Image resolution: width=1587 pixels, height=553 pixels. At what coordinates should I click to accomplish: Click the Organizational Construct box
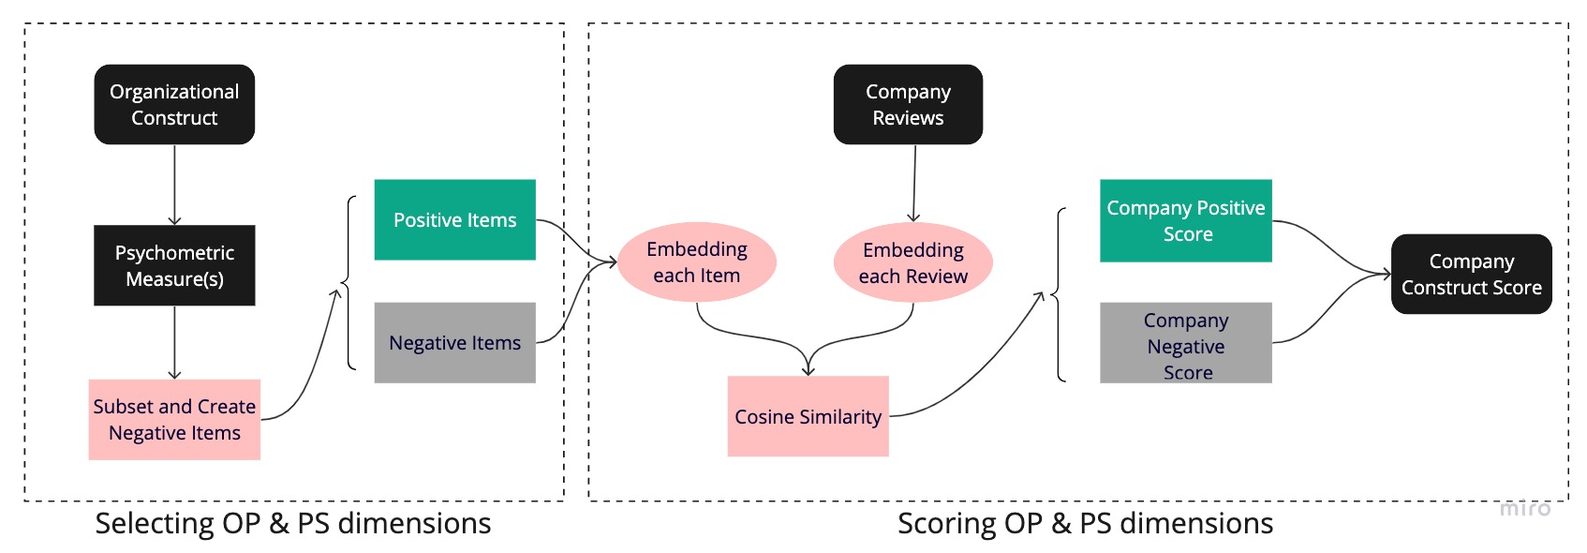pyautogui.click(x=174, y=104)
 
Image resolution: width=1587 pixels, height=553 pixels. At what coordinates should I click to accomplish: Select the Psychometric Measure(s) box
pyautogui.click(x=174, y=265)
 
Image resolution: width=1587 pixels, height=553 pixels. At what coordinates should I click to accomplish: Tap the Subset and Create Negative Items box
pyautogui.click(x=174, y=419)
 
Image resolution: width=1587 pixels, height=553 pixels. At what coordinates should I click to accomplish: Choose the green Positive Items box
pyautogui.click(x=454, y=219)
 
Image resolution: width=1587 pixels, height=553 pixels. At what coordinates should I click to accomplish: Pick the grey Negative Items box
pyautogui.click(x=454, y=342)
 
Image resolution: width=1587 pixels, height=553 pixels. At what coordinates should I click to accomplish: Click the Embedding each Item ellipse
pyautogui.click(x=696, y=262)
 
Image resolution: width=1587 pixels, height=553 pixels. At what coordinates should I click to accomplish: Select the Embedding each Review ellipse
pyautogui.click(x=912, y=262)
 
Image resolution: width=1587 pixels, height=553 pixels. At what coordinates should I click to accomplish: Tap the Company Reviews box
pyautogui.click(x=908, y=104)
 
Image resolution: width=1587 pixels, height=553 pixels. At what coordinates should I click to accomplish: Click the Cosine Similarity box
pyautogui.click(x=808, y=416)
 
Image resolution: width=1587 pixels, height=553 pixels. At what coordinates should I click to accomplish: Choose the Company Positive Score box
pyautogui.click(x=1185, y=220)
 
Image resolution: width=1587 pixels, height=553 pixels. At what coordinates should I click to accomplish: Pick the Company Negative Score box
pyautogui.click(x=1185, y=343)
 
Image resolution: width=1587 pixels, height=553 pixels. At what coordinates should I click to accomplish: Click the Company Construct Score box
pyautogui.click(x=1471, y=274)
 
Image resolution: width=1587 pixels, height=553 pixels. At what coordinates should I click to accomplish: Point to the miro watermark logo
pyautogui.click(x=1524, y=508)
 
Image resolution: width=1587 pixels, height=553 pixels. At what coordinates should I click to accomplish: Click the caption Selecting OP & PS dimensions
pyautogui.click(x=292, y=523)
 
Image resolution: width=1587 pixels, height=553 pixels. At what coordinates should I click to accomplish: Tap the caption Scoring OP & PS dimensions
pyautogui.click(x=1085, y=523)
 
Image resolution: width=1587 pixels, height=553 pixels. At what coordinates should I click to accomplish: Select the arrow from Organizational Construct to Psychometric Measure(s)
pyautogui.click(x=174, y=184)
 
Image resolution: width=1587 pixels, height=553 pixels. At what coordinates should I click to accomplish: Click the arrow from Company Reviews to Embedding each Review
pyautogui.click(x=914, y=183)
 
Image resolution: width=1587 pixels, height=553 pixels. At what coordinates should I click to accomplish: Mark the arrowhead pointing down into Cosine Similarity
pyautogui.click(x=808, y=369)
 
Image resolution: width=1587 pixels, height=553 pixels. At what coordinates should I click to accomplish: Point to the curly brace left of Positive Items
pyautogui.click(x=349, y=282)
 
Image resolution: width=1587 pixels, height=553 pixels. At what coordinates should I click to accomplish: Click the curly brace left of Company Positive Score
pyautogui.click(x=1060, y=294)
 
